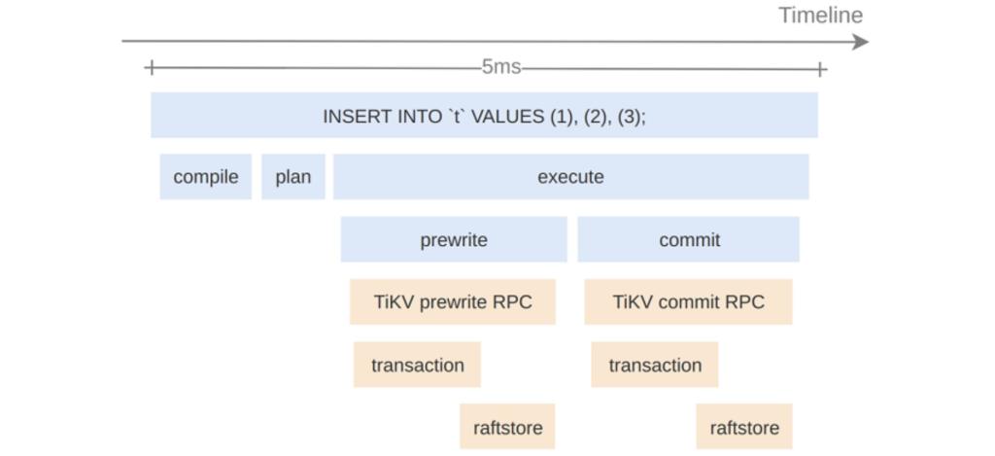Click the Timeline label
pos(820,16)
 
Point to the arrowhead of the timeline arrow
pos(860,42)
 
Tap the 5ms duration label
pos(500,68)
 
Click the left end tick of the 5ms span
pos(150,68)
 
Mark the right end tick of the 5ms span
pos(821,68)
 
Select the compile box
pos(206,177)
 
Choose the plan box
pos(293,177)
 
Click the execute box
pos(570,177)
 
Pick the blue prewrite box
pos(454,239)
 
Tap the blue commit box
pos(689,239)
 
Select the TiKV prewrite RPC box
pos(453,302)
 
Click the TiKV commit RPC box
pos(688,302)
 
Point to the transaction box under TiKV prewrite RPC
pos(417,366)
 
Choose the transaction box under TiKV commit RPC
pos(655,366)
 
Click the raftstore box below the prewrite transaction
pos(507,428)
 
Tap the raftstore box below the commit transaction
pos(744,428)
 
